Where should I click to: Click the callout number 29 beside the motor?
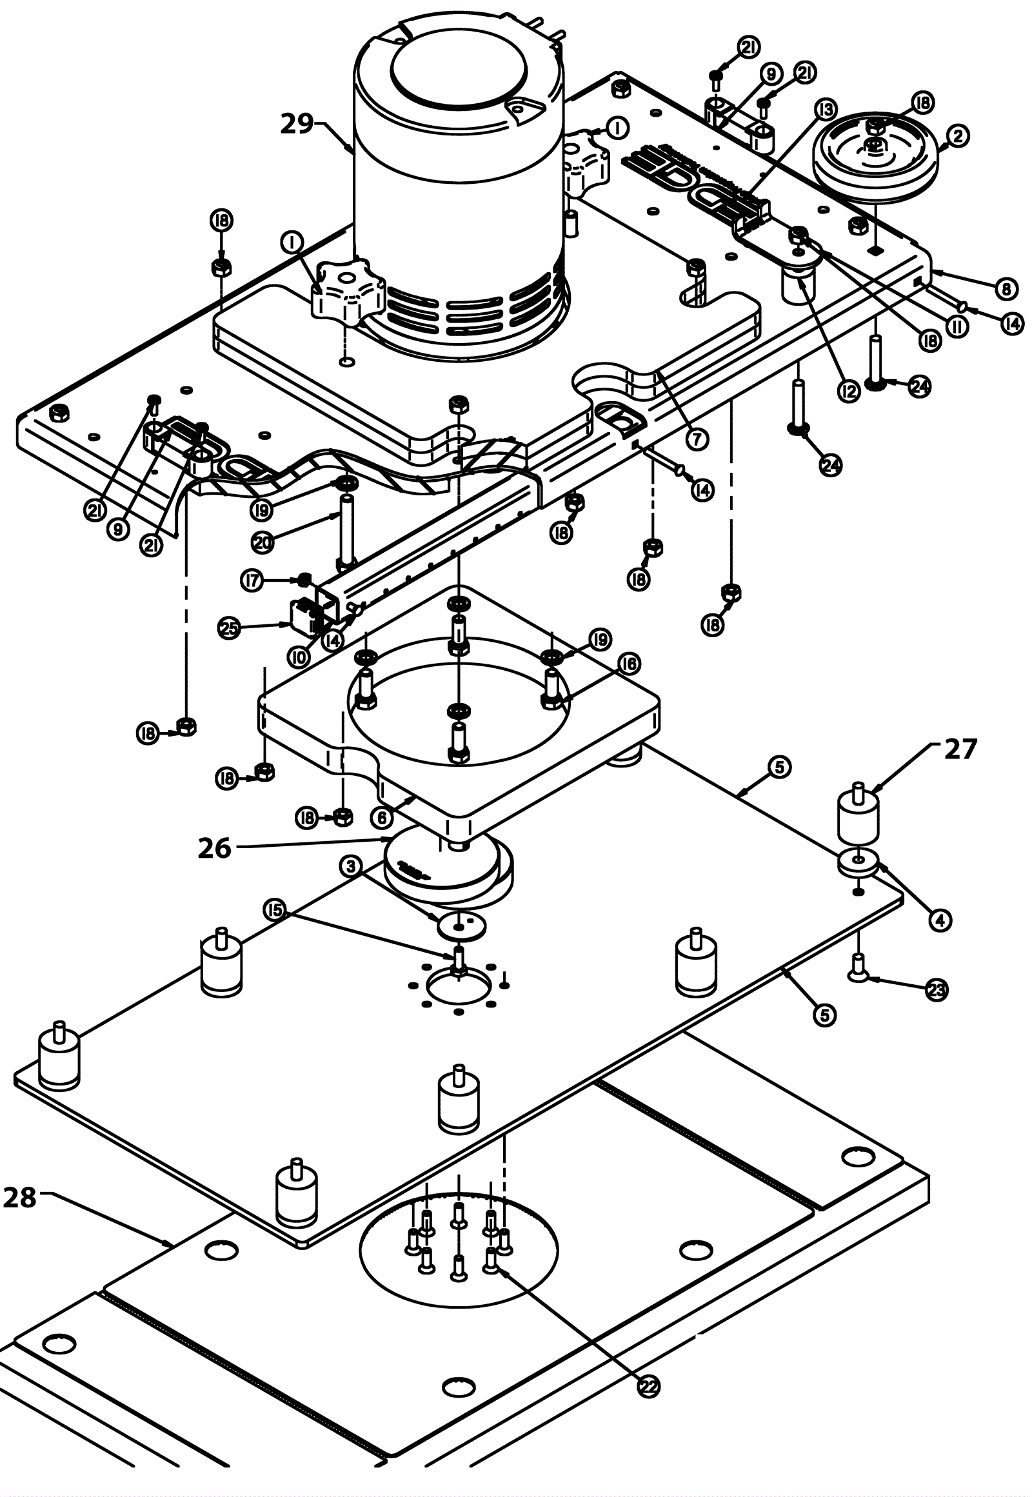pyautogui.click(x=297, y=123)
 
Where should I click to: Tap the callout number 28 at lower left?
pyautogui.click(x=20, y=1197)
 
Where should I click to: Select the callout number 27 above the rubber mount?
pyautogui.click(x=961, y=749)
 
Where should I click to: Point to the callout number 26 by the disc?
pyautogui.click(x=215, y=848)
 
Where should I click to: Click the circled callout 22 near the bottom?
pyautogui.click(x=649, y=1385)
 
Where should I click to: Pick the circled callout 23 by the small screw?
pyautogui.click(x=937, y=989)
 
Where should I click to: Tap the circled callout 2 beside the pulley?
pyautogui.click(x=958, y=135)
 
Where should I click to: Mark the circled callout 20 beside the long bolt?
pyautogui.click(x=262, y=542)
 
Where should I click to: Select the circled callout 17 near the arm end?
pyautogui.click(x=252, y=580)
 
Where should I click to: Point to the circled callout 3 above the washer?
pyautogui.click(x=351, y=865)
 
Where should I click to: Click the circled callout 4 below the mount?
pyautogui.click(x=940, y=919)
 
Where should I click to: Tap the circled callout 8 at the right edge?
pyautogui.click(x=1006, y=289)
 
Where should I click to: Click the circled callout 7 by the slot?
pyautogui.click(x=697, y=440)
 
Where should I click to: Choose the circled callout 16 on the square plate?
pyautogui.click(x=628, y=664)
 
